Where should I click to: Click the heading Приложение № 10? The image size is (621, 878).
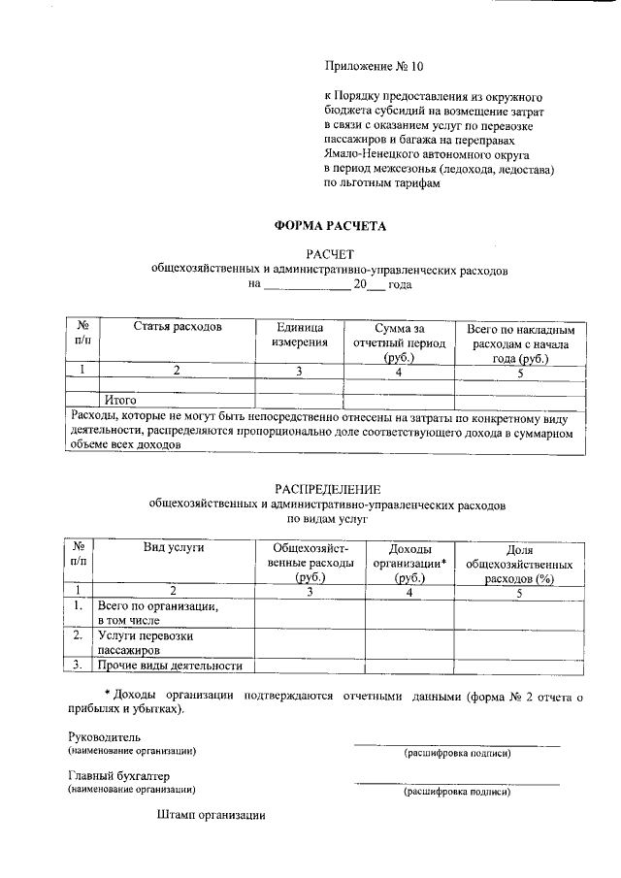[x=374, y=67]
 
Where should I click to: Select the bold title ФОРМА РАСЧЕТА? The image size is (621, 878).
[x=330, y=226]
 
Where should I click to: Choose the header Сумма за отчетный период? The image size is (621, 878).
[x=399, y=342]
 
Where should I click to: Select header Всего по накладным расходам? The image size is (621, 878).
[x=520, y=342]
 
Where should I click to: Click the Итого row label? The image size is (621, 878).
[x=120, y=400]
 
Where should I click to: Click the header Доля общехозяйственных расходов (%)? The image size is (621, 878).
[x=520, y=563]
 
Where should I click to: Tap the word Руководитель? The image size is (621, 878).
[x=104, y=736]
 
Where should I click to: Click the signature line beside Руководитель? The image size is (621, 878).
[x=456, y=743]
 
